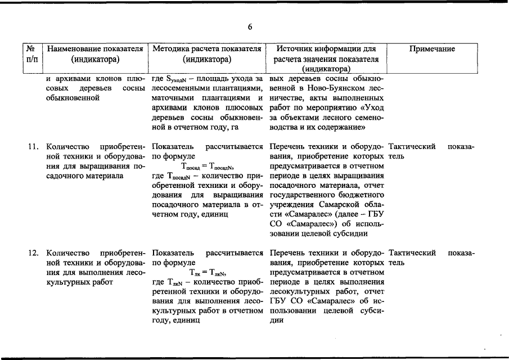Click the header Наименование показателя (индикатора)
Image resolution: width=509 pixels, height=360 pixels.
(x=94, y=54)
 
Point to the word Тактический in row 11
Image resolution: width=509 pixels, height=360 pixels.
(x=412, y=147)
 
